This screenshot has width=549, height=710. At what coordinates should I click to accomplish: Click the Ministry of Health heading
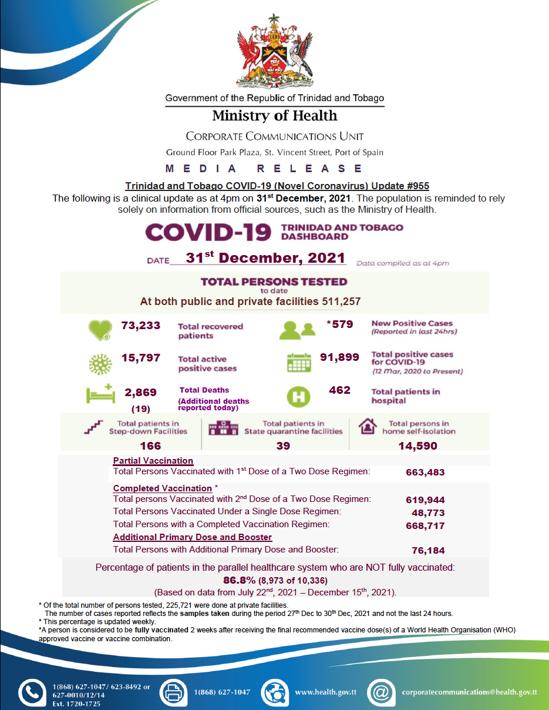[x=275, y=115]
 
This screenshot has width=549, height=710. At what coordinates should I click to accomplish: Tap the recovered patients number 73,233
[x=141, y=325]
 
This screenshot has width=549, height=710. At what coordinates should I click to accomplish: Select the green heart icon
[x=100, y=330]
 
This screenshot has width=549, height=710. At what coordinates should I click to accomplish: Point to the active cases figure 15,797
[x=141, y=357]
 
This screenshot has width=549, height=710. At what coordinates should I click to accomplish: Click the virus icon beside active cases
[x=100, y=363]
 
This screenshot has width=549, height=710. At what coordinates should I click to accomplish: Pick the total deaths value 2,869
[x=142, y=393]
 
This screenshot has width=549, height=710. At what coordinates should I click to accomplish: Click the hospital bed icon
[x=100, y=394]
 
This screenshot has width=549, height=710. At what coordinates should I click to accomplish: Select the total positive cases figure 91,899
[x=339, y=357]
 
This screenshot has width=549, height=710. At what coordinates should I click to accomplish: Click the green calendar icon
[x=299, y=363]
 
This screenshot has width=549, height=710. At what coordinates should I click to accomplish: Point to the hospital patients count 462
[x=339, y=390]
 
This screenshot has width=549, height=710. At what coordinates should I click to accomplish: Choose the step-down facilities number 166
[x=150, y=446]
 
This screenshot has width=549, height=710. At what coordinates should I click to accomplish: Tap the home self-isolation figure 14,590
[x=418, y=446]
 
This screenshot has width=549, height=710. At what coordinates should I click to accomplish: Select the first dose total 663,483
[x=425, y=472]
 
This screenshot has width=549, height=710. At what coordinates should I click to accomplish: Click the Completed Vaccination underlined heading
[x=162, y=488]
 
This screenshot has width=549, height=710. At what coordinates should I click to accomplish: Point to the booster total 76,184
[x=429, y=551]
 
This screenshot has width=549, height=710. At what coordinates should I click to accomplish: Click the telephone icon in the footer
[x=32, y=692]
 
